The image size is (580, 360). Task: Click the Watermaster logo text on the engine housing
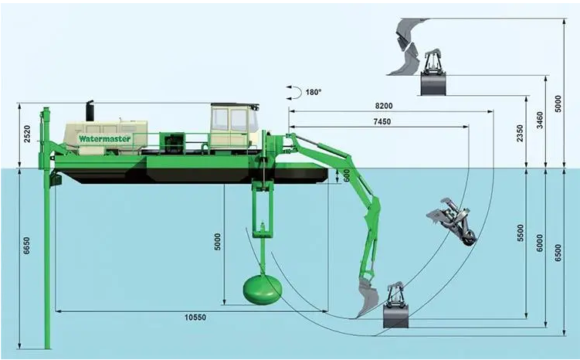(x=104, y=138)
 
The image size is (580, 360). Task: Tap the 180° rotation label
(x=313, y=92)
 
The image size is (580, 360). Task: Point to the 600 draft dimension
(x=347, y=175)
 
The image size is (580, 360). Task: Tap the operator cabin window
(x=231, y=120)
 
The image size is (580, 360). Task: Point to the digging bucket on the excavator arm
(x=368, y=297)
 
